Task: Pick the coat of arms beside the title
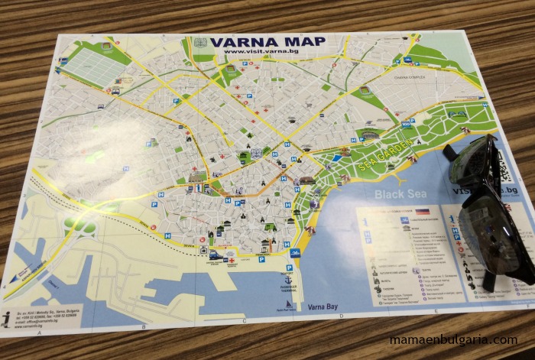coord(201,43)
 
